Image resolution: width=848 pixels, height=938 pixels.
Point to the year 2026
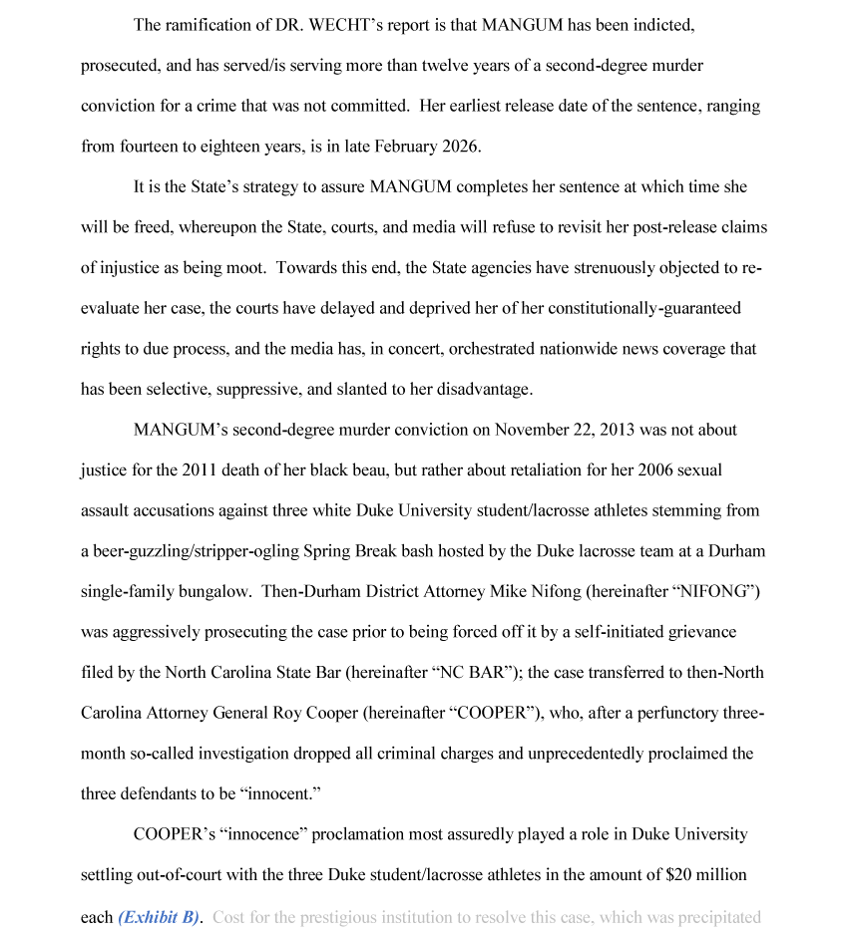coord(459,147)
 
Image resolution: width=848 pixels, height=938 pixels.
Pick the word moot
coord(241,268)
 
